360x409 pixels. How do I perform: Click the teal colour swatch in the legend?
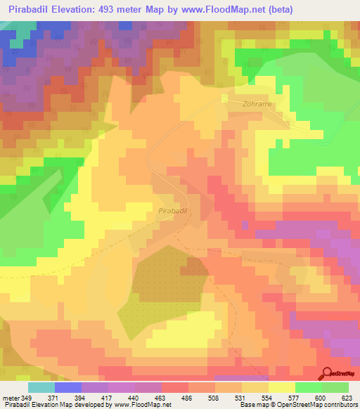(x=41, y=387)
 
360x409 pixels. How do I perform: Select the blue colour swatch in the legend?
(x=68, y=387)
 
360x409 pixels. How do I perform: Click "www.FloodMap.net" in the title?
(x=219, y=9)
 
